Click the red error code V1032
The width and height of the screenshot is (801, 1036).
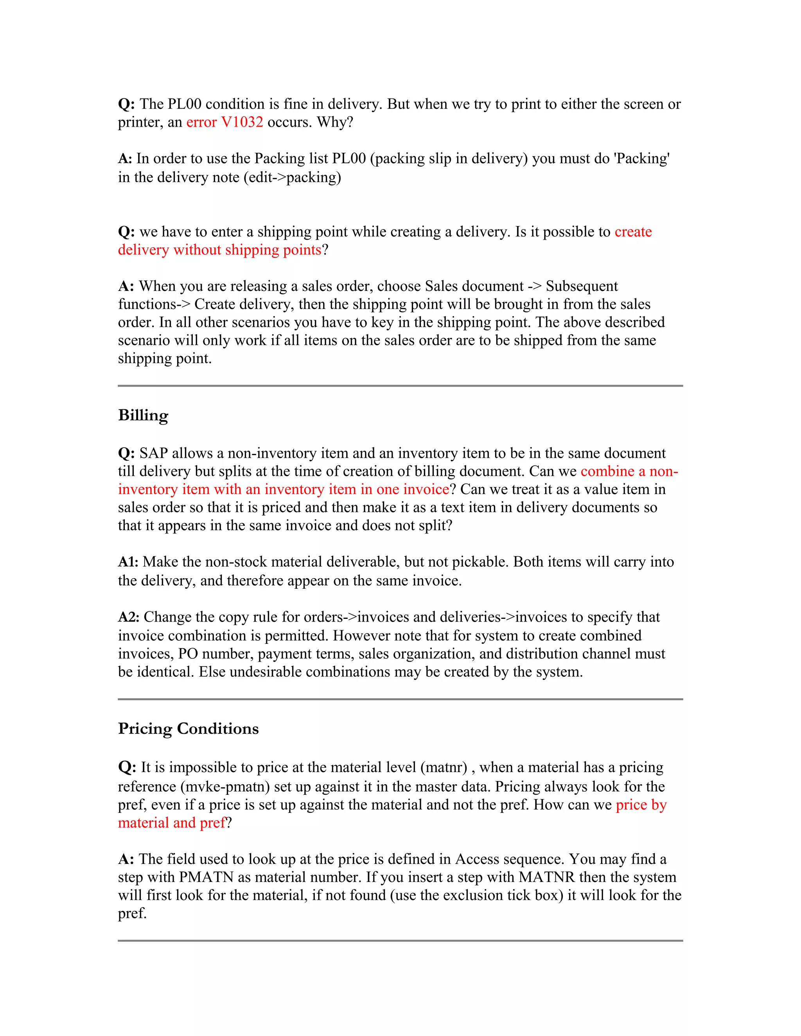click(x=242, y=122)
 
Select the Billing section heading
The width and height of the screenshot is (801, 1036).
click(x=143, y=416)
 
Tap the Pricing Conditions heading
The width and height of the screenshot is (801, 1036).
click(x=189, y=729)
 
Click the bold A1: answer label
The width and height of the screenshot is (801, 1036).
click(x=128, y=562)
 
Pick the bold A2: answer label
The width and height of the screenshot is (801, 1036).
click(x=129, y=617)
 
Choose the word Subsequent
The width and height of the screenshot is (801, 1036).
click(x=582, y=286)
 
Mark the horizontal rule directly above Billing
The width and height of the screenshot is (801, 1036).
click(x=400, y=385)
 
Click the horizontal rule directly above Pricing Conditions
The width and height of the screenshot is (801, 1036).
click(x=400, y=699)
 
